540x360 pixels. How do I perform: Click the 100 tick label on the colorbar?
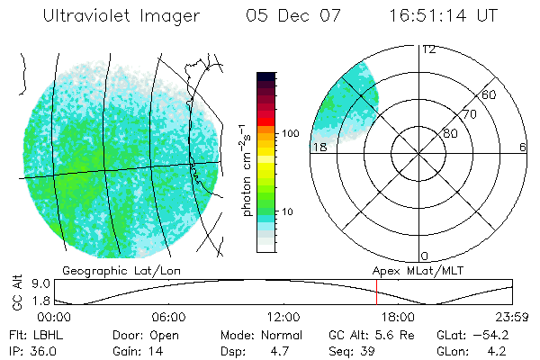tap(291, 132)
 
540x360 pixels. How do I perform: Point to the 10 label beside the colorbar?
tap(288, 211)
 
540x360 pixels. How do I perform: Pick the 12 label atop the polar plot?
tap(429, 49)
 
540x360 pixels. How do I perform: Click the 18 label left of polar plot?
tap(319, 147)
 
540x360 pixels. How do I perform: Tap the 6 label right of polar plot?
tap(523, 147)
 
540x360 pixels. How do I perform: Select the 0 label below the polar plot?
tap(425, 256)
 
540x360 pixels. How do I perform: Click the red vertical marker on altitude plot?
tap(376, 293)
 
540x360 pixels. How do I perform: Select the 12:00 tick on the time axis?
tap(283, 317)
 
